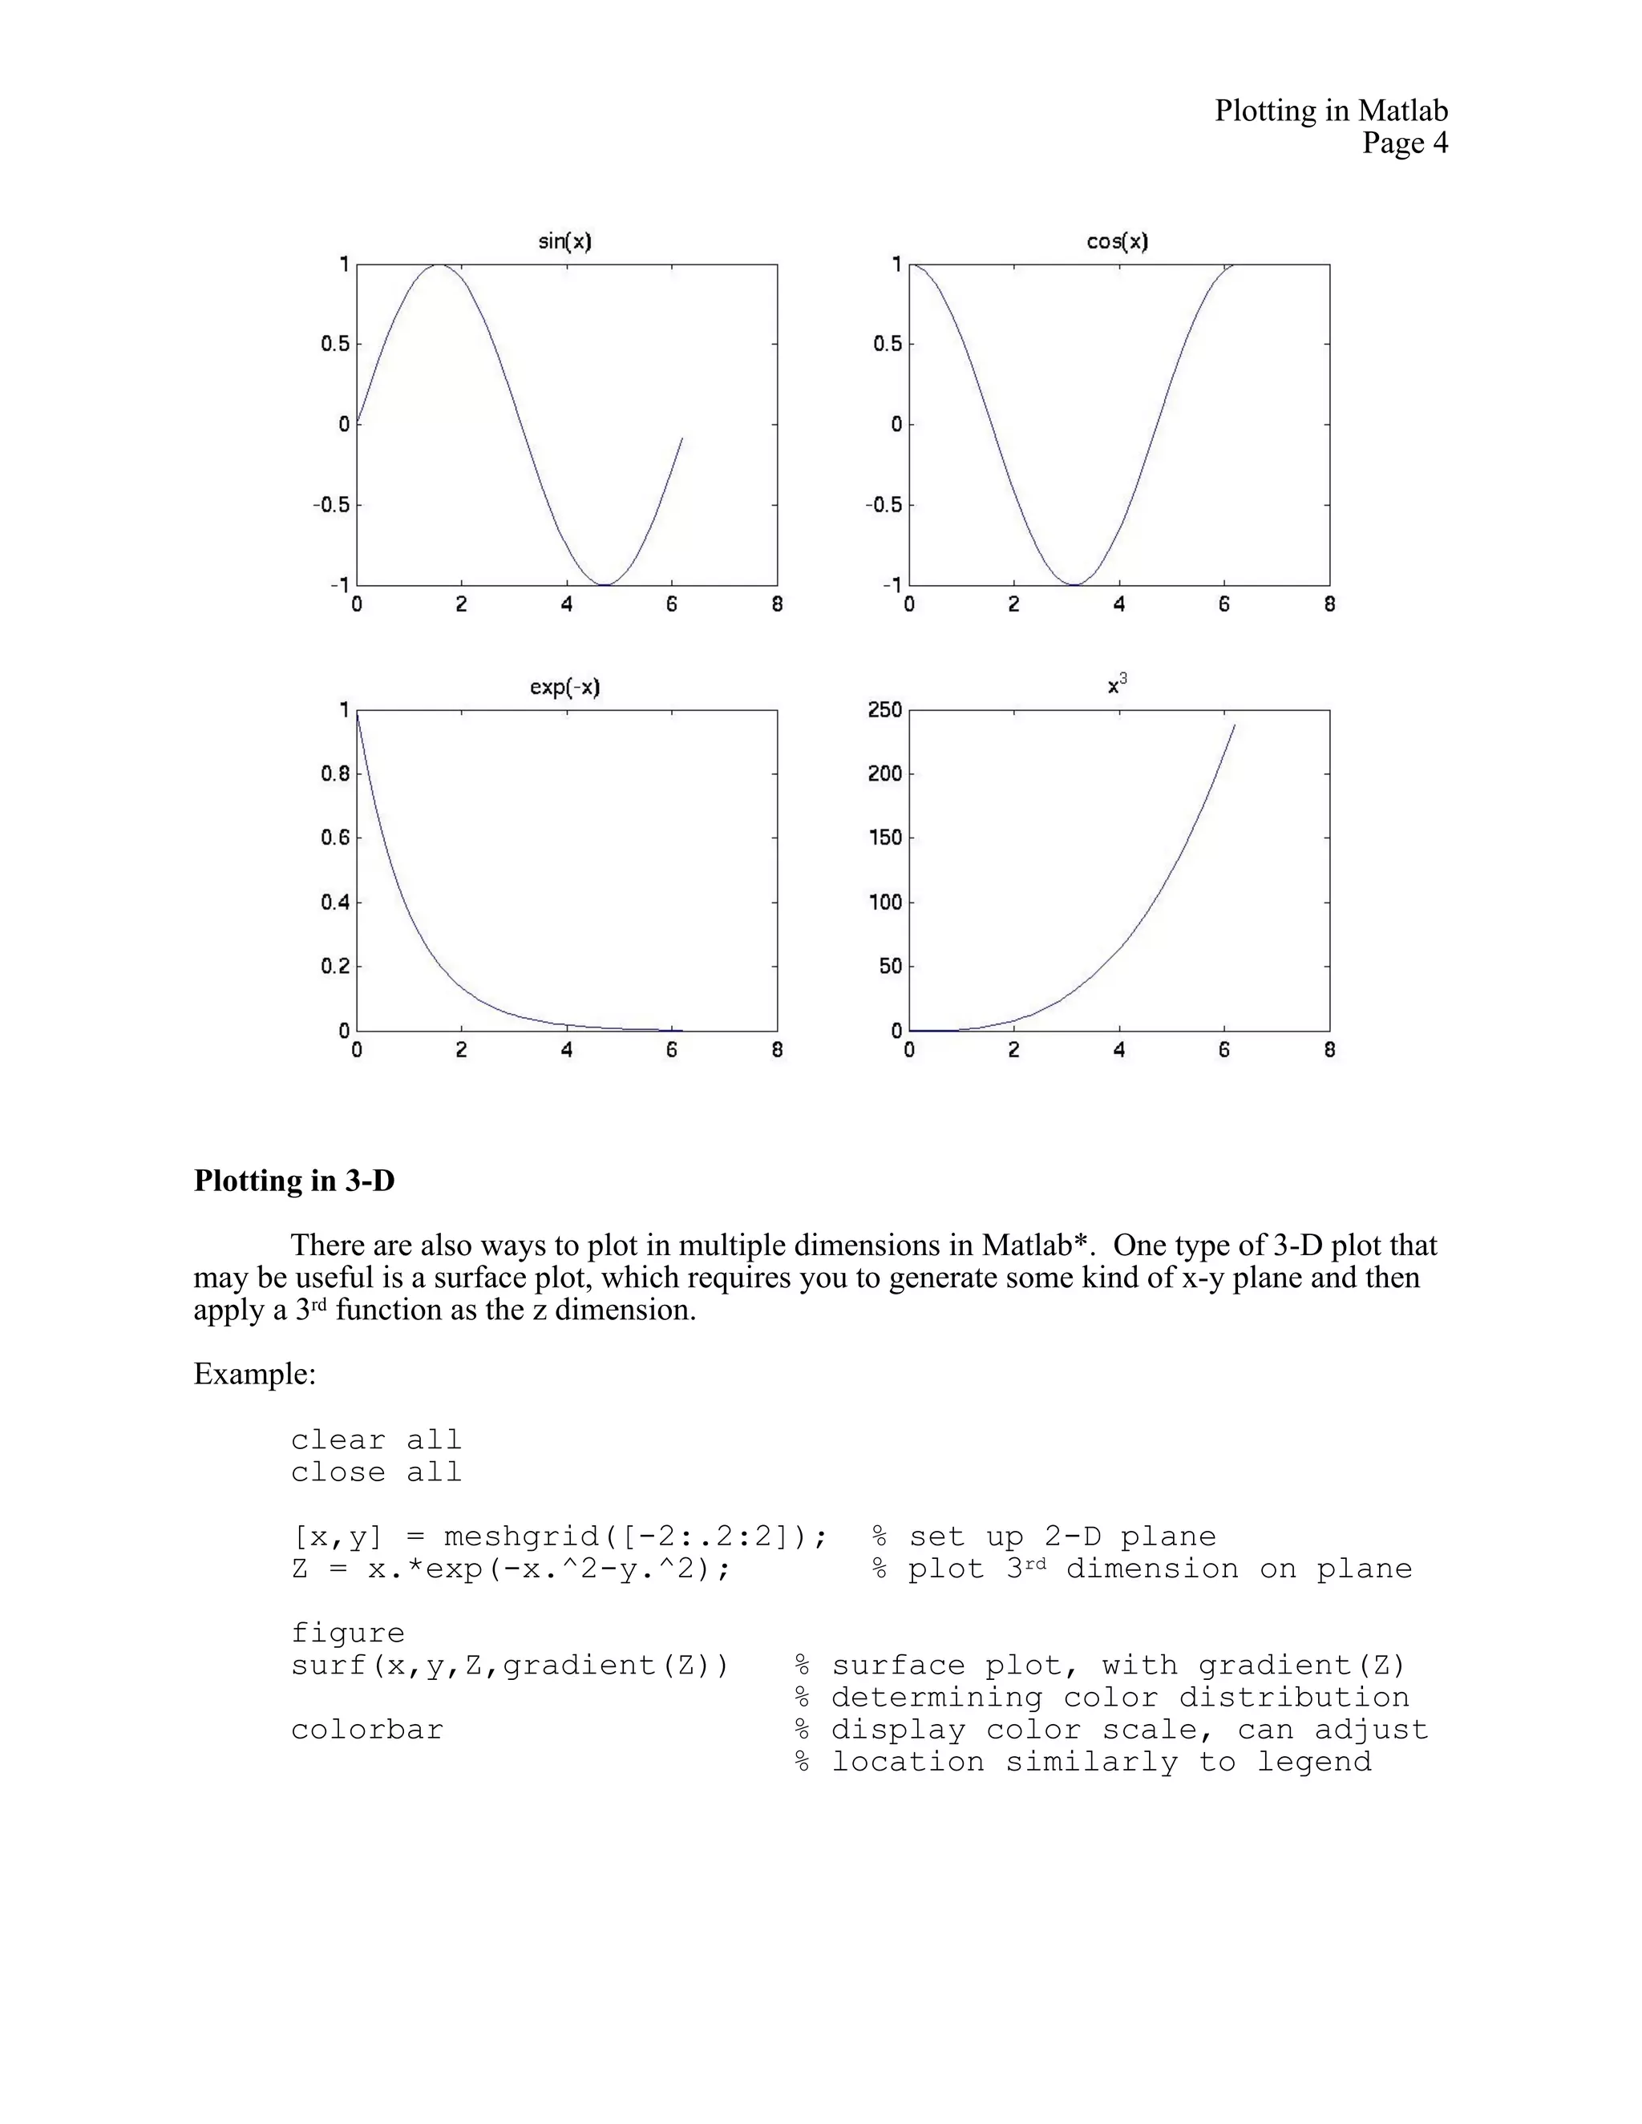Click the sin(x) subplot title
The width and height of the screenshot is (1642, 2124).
564,241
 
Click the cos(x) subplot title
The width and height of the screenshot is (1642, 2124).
1117,241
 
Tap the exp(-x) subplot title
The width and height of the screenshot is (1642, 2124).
564,688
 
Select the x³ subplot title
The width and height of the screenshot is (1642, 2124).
1117,684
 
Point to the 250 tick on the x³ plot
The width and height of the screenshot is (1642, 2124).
884,710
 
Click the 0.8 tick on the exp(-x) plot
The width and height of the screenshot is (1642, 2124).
334,774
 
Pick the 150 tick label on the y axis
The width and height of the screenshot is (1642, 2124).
884,838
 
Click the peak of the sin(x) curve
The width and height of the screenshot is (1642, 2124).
439,264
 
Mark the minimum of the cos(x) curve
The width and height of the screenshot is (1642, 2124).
1074,584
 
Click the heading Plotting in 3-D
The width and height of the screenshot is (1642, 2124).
293,1181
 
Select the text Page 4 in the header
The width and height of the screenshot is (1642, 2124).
1404,144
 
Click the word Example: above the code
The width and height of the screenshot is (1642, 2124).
255,1374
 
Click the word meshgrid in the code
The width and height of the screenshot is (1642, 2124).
520,1537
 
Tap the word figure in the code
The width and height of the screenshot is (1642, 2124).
347,1633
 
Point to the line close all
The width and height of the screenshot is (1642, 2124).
375,1472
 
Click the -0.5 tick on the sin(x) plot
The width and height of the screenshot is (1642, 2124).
331,505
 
